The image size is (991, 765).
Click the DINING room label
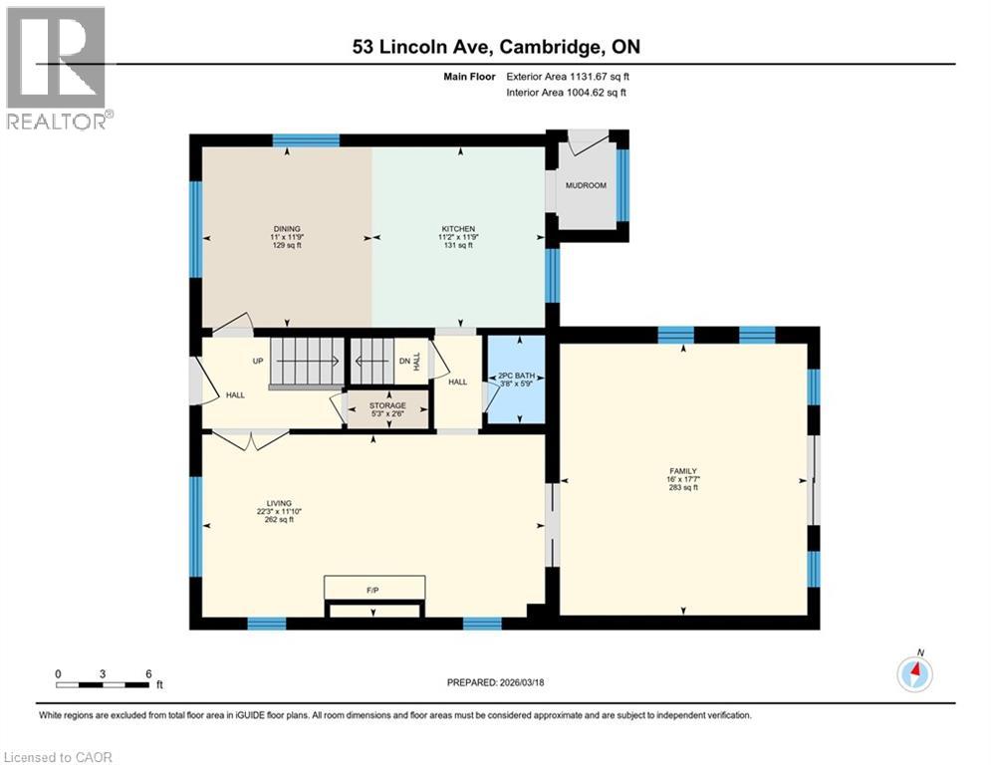(287, 229)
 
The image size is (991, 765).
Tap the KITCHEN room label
(458, 229)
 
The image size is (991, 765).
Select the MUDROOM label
(586, 185)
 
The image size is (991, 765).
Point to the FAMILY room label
(682, 471)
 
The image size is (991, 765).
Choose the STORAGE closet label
(388, 406)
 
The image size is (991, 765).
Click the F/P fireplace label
(373, 592)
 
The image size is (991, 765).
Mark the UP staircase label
(257, 361)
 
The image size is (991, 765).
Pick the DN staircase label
(404, 362)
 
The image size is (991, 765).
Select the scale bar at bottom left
(104, 684)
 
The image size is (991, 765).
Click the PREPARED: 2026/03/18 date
(497, 683)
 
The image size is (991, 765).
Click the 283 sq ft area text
(683, 488)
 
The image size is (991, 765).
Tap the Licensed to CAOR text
(59, 757)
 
